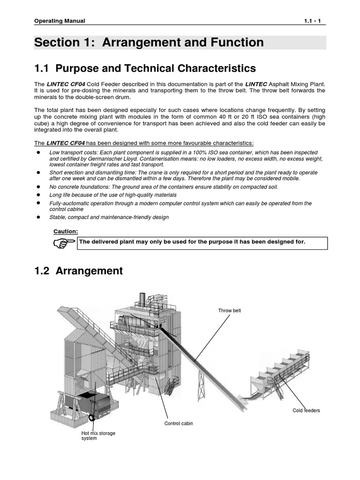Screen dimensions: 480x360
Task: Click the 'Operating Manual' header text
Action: tap(60, 21)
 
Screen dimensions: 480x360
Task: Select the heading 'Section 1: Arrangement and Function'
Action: tap(149, 43)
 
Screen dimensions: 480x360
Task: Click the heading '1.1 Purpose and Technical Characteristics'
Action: tap(145, 68)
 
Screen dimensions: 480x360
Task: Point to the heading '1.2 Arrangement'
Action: tap(79, 270)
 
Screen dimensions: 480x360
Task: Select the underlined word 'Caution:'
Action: tap(66, 232)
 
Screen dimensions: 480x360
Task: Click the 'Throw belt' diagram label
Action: tap(229, 311)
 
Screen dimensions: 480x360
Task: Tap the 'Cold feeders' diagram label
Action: tap(307, 411)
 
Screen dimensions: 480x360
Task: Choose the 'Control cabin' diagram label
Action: tap(178, 423)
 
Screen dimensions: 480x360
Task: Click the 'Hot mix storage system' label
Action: tap(98, 436)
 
